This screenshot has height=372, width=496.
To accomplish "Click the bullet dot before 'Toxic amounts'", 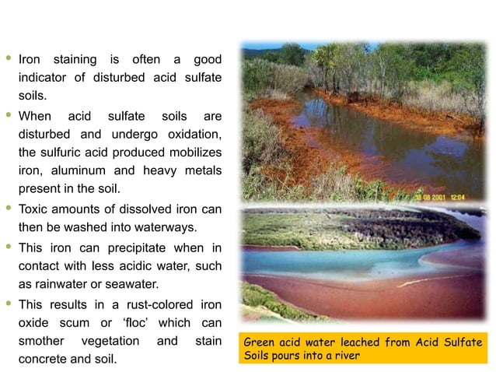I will coord(9,209).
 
